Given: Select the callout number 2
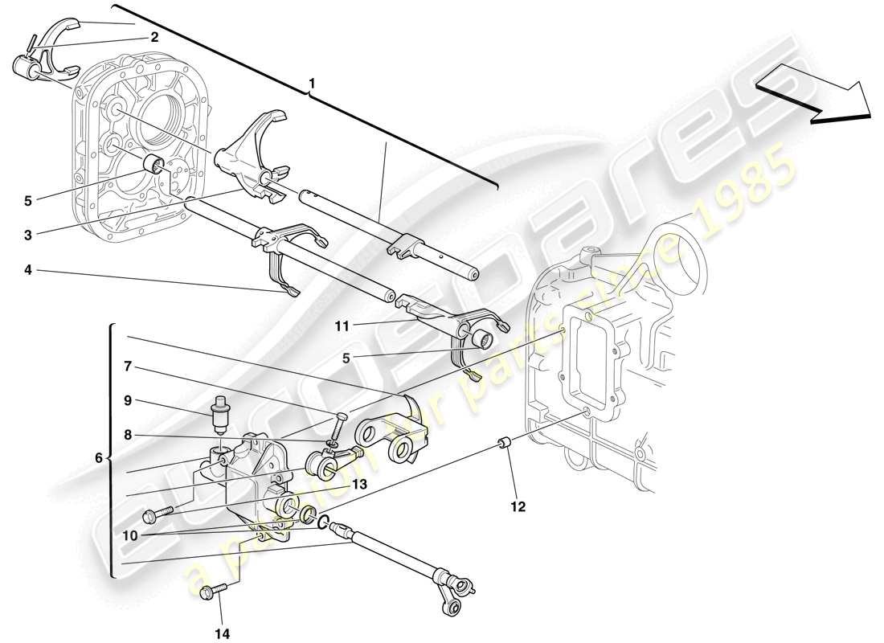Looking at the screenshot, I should tap(153, 37).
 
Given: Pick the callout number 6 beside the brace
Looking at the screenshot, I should tap(99, 458).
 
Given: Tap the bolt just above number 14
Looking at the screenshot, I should tap(207, 592).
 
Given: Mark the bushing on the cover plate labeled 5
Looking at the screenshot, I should tap(152, 166).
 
